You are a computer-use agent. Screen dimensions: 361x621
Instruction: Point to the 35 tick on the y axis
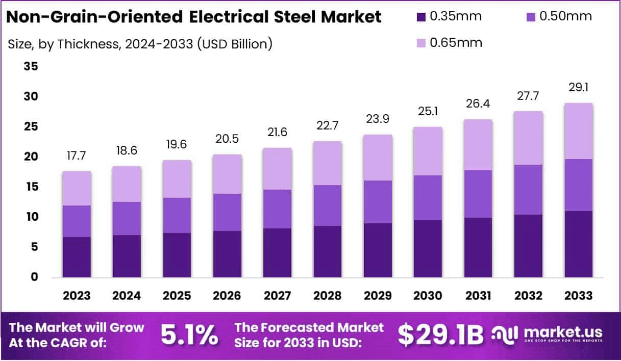coord(31,67)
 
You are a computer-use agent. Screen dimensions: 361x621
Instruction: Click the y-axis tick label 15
coord(31,187)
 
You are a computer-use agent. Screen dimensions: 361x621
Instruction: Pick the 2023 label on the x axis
coord(77,296)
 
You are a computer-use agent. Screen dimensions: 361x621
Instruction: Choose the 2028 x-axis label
coord(328,296)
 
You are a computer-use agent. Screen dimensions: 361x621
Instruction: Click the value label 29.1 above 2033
coord(578,88)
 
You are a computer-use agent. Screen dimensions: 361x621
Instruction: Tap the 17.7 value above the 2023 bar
coord(77,156)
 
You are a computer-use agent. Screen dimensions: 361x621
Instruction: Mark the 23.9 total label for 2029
coord(378,119)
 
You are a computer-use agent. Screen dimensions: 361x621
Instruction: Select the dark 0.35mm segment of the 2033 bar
coord(578,244)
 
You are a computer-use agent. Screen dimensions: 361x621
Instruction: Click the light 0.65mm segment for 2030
coord(428,151)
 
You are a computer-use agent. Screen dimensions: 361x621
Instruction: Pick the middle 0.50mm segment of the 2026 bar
coord(227,212)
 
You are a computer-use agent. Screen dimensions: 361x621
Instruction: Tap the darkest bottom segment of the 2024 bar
coord(127,256)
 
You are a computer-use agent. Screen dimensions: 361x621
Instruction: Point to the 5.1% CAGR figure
coord(189,335)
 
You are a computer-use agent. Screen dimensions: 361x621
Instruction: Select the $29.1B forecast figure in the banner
coord(440,335)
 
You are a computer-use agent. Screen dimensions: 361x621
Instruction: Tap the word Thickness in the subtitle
coord(87,44)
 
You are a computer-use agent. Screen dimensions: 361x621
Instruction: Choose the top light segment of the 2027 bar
coord(277,169)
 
